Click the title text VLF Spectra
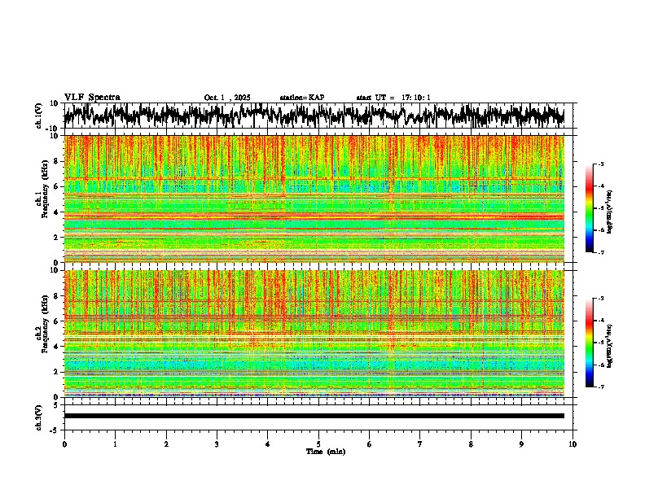pyautogui.click(x=92, y=98)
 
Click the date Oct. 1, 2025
pyautogui.click(x=227, y=98)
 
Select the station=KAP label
pyautogui.click(x=302, y=98)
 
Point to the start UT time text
pyautogui.click(x=393, y=98)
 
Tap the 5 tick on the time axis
pyautogui.click(x=318, y=443)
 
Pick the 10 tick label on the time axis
pyautogui.click(x=573, y=443)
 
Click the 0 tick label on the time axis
pyautogui.click(x=64, y=443)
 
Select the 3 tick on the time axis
pyautogui.click(x=217, y=443)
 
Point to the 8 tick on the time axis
pyautogui.click(x=471, y=443)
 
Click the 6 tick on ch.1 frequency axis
pyautogui.click(x=56, y=186)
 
